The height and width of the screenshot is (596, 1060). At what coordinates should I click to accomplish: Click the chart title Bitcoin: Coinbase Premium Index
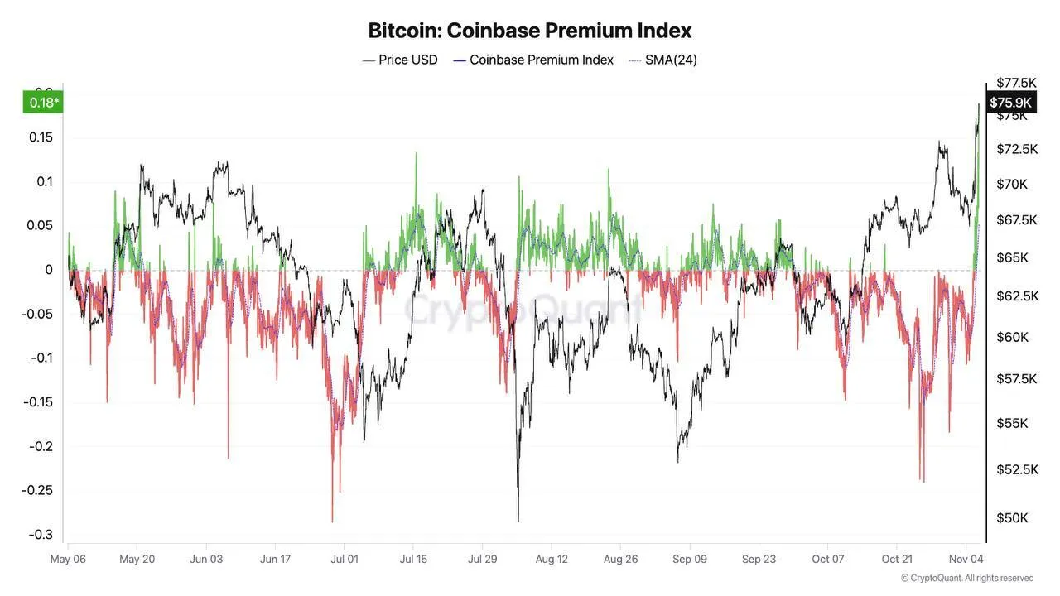click(x=529, y=31)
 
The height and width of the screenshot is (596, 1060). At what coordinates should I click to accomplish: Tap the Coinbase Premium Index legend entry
click(x=541, y=60)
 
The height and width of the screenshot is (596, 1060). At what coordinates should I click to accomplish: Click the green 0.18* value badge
click(x=44, y=103)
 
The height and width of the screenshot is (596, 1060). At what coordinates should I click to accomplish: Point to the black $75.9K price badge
click(x=1010, y=102)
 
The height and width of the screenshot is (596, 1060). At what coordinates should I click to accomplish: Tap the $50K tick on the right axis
click(x=1011, y=518)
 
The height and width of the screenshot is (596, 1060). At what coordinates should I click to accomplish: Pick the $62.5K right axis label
click(x=1017, y=296)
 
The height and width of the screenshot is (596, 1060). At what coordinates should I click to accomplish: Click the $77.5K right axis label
click(x=1016, y=83)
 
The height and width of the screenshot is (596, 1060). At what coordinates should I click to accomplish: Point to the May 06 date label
click(x=69, y=560)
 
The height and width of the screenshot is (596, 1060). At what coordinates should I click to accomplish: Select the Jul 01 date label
click(x=344, y=560)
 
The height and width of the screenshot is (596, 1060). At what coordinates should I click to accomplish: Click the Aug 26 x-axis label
click(x=620, y=560)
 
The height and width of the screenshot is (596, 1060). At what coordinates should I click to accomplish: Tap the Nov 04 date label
click(x=966, y=560)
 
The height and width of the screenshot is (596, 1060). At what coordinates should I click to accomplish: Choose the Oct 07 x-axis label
click(x=827, y=560)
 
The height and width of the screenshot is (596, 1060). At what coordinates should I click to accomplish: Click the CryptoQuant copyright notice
click(x=967, y=578)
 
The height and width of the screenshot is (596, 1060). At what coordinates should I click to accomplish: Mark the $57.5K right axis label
click(x=1017, y=378)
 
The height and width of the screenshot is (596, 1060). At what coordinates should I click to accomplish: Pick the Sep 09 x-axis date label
click(x=690, y=560)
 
